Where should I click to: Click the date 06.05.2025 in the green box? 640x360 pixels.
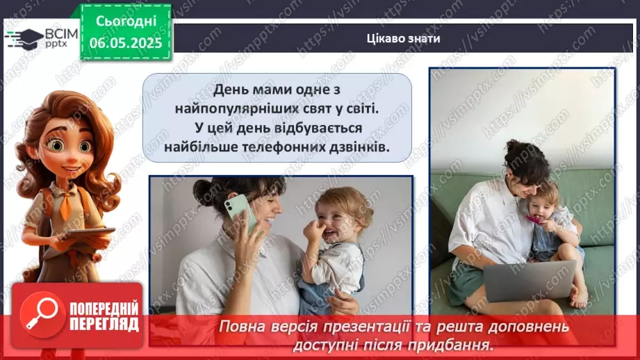tap(125, 42)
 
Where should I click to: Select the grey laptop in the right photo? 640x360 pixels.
tap(519, 279)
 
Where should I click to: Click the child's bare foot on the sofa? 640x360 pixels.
tap(580, 300)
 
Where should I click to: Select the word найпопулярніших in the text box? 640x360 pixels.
tap(242, 110)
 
